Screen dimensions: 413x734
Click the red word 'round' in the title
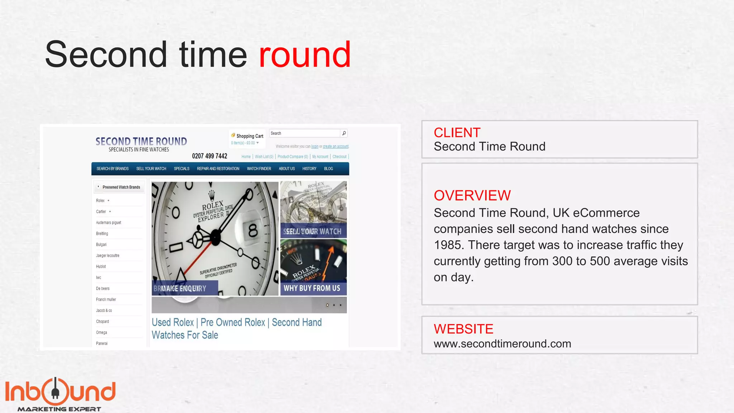tap(305, 54)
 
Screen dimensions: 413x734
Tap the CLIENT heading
tap(457, 133)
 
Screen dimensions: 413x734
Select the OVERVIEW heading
tap(472, 195)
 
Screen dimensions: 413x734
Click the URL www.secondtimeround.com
tap(502, 344)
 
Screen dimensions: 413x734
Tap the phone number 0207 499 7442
tap(209, 156)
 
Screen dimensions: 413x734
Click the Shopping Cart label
tap(249, 136)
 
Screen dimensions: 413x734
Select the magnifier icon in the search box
tap(344, 133)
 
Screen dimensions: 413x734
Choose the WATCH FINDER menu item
tap(259, 169)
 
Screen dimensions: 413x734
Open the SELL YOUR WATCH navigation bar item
tap(151, 169)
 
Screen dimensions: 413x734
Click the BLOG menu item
tap(328, 169)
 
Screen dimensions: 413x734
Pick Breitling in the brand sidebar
tap(102, 234)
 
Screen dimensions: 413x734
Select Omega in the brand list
tap(101, 333)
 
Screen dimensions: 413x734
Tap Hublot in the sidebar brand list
tap(101, 267)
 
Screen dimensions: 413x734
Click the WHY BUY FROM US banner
tap(312, 288)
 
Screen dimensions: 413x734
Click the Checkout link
tap(339, 157)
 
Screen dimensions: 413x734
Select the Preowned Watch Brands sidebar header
tap(121, 187)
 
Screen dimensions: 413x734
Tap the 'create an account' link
tap(335, 147)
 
